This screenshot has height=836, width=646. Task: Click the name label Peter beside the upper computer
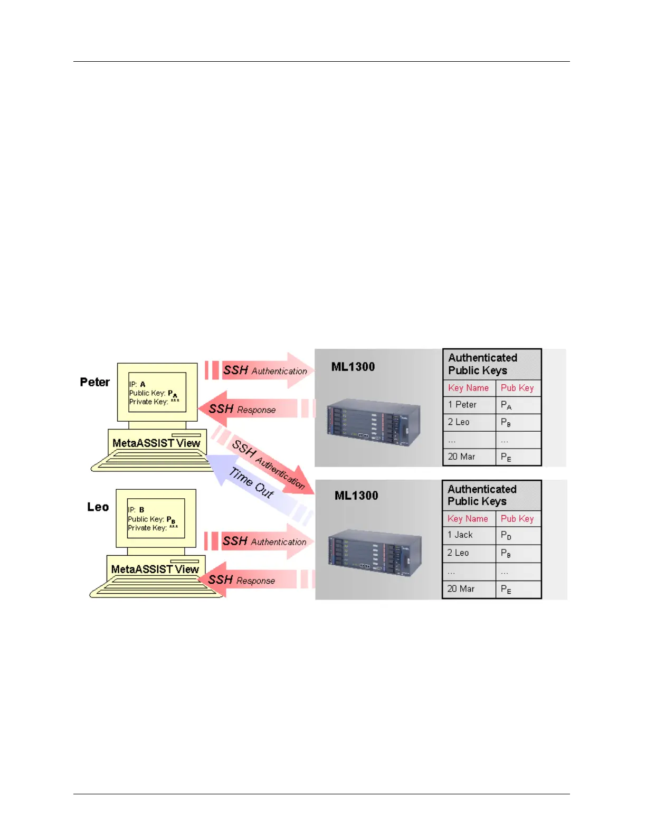tap(95, 382)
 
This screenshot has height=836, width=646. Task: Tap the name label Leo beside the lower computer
tap(98, 507)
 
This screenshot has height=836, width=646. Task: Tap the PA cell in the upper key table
tap(506, 405)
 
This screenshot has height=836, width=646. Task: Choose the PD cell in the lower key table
tap(506, 536)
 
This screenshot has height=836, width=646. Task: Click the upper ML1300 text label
tap(353, 367)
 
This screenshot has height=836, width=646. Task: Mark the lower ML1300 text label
tap(356, 496)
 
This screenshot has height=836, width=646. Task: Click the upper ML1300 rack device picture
tap(374, 422)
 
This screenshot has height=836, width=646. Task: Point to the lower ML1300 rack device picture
tap(375, 552)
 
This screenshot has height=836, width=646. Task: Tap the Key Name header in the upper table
tap(469, 388)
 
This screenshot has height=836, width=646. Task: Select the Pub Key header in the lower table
tap(517, 519)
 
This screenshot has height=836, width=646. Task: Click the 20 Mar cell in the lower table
tap(461, 588)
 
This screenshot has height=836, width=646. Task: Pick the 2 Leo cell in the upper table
tap(459, 422)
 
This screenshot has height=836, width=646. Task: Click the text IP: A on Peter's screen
tap(137, 384)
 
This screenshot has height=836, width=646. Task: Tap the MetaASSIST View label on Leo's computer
tap(155, 569)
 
